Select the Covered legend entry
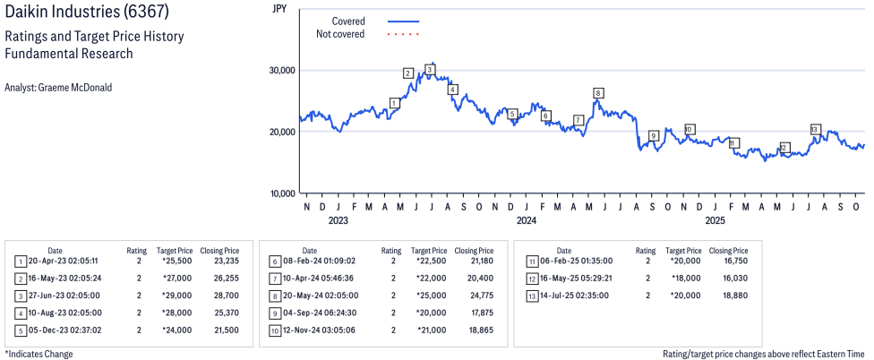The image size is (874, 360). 347,21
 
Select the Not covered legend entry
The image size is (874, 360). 340,34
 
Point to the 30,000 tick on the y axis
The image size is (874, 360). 283,71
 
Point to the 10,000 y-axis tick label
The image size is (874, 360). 283,193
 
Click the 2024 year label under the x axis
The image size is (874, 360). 526,219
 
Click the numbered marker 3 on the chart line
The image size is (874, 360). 430,69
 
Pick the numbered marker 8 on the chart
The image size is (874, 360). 598,92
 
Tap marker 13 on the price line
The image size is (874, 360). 815,129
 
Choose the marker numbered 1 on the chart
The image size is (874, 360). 394,103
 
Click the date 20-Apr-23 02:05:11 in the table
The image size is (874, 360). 65,261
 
